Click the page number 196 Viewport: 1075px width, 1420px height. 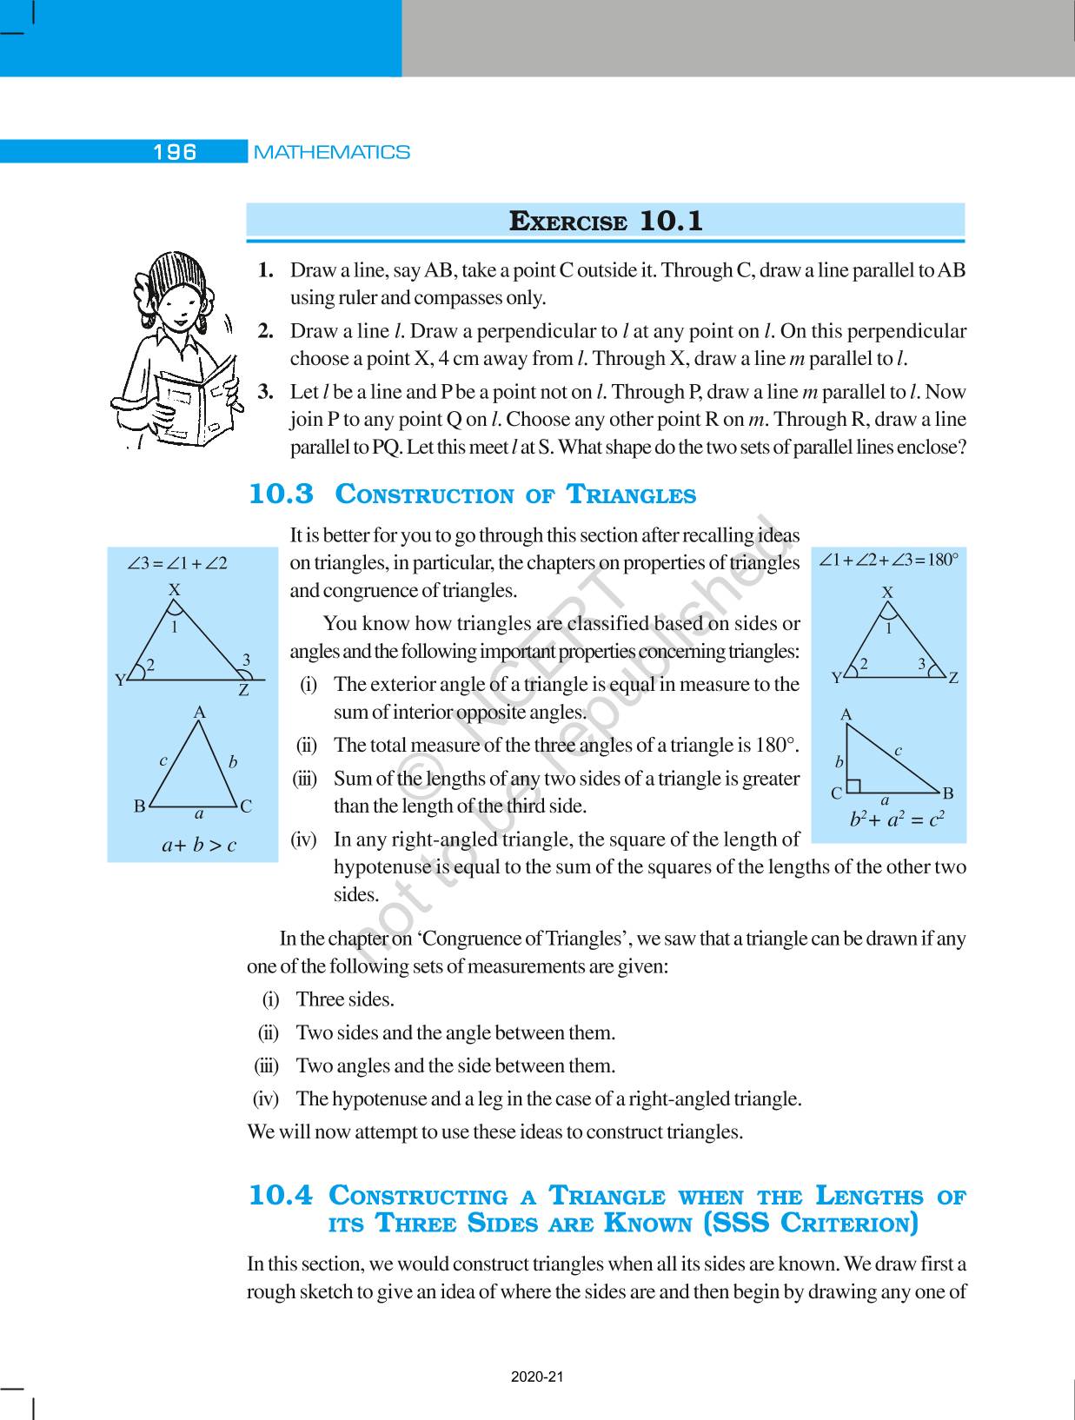[175, 152]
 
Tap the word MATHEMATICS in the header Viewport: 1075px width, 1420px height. [331, 152]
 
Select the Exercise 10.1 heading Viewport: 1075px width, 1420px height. [605, 221]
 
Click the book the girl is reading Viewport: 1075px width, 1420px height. [193, 401]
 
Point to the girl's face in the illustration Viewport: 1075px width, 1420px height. [169, 305]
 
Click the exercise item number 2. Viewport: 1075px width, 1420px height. [266, 331]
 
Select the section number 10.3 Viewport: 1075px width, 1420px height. [281, 494]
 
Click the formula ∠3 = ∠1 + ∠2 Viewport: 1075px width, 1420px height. [177, 563]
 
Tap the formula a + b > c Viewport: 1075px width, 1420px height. [199, 844]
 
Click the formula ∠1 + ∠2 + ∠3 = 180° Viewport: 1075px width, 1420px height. [888, 560]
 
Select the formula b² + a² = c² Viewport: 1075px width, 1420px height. [897, 818]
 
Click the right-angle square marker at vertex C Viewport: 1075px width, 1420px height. [854, 786]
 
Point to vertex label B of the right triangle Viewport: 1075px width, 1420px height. [948, 793]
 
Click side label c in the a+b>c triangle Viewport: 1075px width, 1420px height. [163, 760]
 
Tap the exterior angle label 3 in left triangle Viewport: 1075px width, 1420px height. [246, 660]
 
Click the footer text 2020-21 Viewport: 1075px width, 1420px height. [537, 1377]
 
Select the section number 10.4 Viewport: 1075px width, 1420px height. [280, 1196]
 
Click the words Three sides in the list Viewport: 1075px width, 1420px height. [345, 999]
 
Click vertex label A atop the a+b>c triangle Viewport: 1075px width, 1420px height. [199, 713]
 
